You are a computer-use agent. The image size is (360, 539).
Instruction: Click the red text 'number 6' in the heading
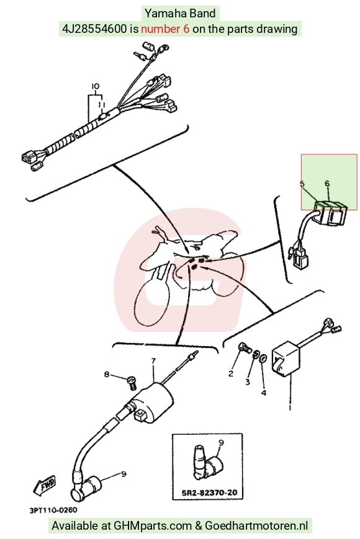coord(165,29)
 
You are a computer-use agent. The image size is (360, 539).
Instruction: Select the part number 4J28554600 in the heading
coord(94,29)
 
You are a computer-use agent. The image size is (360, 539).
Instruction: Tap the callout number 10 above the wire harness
coord(95,86)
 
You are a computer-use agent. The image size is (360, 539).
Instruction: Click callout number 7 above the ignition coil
coord(153,361)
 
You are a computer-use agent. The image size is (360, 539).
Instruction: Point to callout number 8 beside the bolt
coord(107,374)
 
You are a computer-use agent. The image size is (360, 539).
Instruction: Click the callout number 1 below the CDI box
coord(290,408)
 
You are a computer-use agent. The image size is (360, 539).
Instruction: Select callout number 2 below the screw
coord(231,373)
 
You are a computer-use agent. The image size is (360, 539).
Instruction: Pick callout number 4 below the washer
coord(264,393)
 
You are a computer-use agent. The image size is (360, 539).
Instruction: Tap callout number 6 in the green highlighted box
coord(327,184)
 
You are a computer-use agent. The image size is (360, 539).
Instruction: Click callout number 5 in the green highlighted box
coord(302,184)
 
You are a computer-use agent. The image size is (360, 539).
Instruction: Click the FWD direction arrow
coord(45,486)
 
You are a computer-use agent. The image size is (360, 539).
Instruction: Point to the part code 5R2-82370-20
coord(209,492)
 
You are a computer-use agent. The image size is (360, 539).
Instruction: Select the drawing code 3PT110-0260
coord(53,510)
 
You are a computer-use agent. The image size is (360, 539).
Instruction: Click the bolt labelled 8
coord(132,382)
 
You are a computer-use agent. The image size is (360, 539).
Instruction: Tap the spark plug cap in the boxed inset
coord(207,461)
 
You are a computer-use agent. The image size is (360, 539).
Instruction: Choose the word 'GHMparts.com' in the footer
coord(153,525)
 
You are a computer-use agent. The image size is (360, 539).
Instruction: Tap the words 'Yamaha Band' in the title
coord(180,14)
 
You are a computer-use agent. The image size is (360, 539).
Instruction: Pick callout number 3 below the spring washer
coord(248,382)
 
